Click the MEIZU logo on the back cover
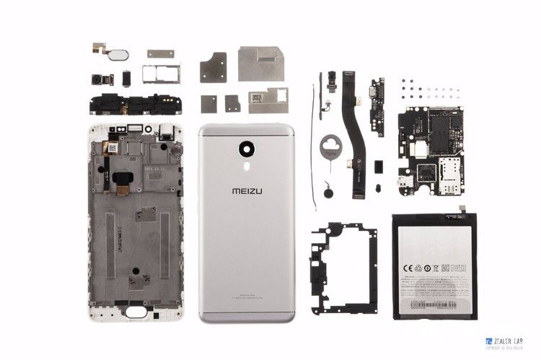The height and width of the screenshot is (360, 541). [x=247, y=192]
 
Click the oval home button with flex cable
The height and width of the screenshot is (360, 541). [x=122, y=55]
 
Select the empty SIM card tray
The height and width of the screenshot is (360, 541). [x=162, y=74]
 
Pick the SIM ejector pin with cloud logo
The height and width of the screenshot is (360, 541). [x=330, y=149]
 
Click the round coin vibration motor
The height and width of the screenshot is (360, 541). [x=329, y=193]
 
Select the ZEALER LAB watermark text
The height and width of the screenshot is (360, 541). [x=504, y=341]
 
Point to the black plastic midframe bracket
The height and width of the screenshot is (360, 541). [x=343, y=267]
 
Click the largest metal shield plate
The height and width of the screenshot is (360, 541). [x=260, y=63]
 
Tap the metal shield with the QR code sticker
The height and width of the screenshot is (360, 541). [x=268, y=100]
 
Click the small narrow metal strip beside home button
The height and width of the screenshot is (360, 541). [x=160, y=53]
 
